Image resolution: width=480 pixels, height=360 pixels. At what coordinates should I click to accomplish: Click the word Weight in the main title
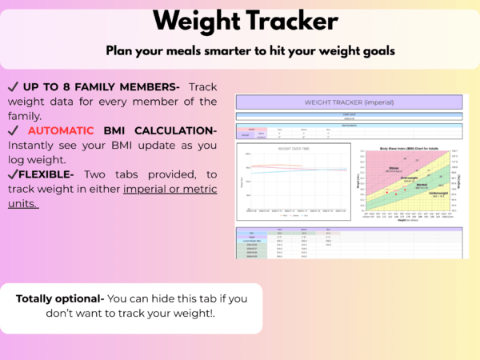(195, 21)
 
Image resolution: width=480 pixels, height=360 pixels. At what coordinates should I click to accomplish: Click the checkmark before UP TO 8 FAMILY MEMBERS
(14, 86)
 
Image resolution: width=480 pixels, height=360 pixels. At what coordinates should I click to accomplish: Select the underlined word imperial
(148, 189)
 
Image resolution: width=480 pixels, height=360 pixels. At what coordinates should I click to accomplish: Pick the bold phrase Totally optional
(59, 298)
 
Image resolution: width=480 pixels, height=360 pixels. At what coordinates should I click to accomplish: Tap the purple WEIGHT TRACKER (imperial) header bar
(350, 102)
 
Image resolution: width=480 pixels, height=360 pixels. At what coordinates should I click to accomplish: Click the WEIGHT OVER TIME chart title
(294, 148)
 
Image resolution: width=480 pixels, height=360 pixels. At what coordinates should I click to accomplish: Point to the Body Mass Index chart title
(407, 150)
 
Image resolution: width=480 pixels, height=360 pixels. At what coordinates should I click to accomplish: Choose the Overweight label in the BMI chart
(410, 178)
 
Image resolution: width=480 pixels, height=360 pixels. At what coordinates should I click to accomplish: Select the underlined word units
(23, 204)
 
